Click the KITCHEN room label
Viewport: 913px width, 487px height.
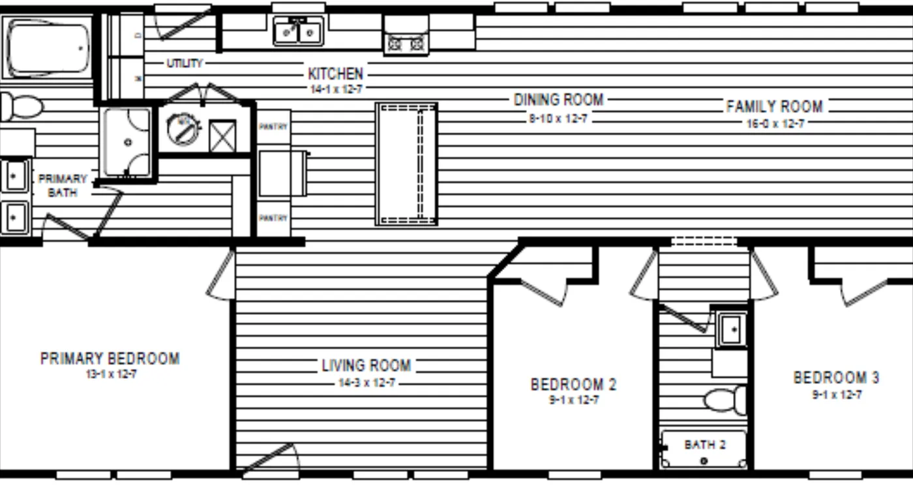[335, 74]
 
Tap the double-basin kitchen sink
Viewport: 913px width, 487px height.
[298, 31]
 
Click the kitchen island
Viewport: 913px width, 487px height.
[406, 164]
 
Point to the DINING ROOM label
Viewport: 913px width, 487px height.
[558, 100]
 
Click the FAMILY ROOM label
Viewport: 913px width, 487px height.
[774, 106]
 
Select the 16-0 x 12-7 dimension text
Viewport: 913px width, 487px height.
[775, 123]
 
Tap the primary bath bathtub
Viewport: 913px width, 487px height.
[48, 48]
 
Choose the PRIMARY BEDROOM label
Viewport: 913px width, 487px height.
[110, 359]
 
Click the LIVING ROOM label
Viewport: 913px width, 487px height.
[366, 365]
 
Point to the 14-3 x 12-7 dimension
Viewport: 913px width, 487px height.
[366, 383]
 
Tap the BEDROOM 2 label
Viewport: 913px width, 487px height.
[573, 385]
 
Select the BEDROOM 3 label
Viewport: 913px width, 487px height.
[836, 377]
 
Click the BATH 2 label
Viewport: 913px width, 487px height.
[704, 445]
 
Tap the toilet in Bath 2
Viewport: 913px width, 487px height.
[725, 399]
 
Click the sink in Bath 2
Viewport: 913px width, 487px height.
[731, 329]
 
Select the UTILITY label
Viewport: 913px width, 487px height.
[185, 63]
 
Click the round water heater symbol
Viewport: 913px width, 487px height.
[182, 128]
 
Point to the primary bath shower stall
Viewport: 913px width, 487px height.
[128, 142]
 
